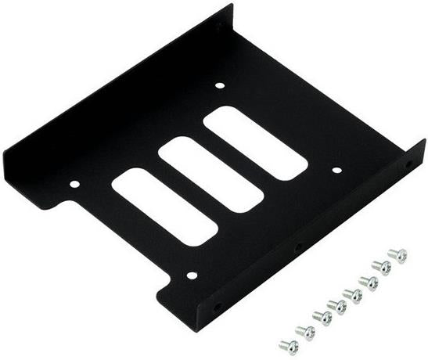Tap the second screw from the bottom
(305, 332)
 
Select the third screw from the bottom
(322, 317)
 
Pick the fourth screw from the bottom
(338, 305)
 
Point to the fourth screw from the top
(354, 295)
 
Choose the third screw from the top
(369, 282)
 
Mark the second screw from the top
(383, 267)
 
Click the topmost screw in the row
(398, 255)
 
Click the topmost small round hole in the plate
(220, 85)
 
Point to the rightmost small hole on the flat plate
(336, 169)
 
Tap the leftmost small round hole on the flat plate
(75, 185)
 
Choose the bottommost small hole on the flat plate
(192, 275)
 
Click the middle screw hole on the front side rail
(298, 247)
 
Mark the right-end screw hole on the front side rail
(408, 166)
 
